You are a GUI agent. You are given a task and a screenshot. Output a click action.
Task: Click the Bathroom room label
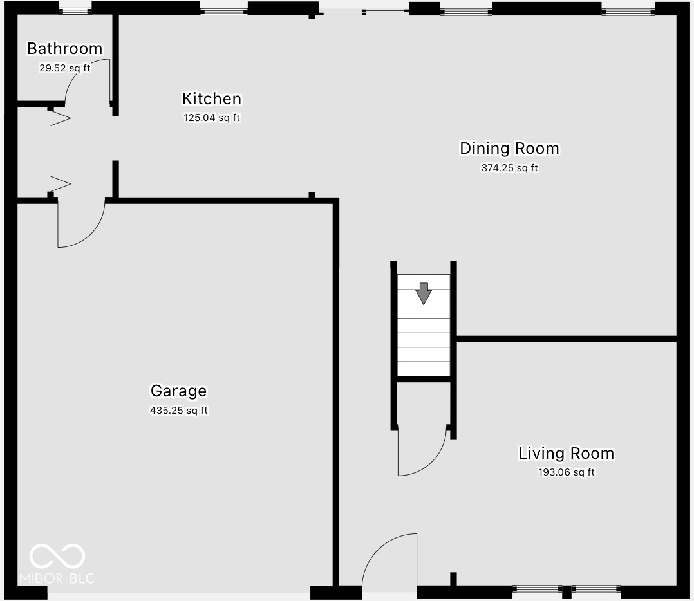[x=64, y=48]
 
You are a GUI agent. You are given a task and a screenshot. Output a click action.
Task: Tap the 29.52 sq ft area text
[x=64, y=68]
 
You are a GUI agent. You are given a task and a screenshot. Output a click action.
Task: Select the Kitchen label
[x=212, y=98]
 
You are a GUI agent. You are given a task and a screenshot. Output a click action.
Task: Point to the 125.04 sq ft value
[x=212, y=118]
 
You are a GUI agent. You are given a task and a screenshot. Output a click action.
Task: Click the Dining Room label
[x=509, y=149]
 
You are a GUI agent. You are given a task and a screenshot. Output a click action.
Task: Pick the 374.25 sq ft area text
[x=509, y=168]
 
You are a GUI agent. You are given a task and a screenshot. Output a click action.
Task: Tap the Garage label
[x=178, y=391]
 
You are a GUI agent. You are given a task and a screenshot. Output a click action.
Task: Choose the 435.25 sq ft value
[x=178, y=410]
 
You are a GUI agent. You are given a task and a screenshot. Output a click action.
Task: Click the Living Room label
[x=566, y=453]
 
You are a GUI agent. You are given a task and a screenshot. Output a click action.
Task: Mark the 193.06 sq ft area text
[x=566, y=472]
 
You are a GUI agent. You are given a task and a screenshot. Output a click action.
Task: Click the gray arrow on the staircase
[x=423, y=293]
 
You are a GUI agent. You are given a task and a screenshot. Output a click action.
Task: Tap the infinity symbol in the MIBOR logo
[x=57, y=557]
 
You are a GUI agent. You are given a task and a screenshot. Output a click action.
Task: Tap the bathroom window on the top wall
[x=75, y=10]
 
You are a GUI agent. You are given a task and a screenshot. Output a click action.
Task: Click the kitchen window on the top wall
[x=223, y=10]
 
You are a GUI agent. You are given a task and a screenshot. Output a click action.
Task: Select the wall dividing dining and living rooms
[x=567, y=338]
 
